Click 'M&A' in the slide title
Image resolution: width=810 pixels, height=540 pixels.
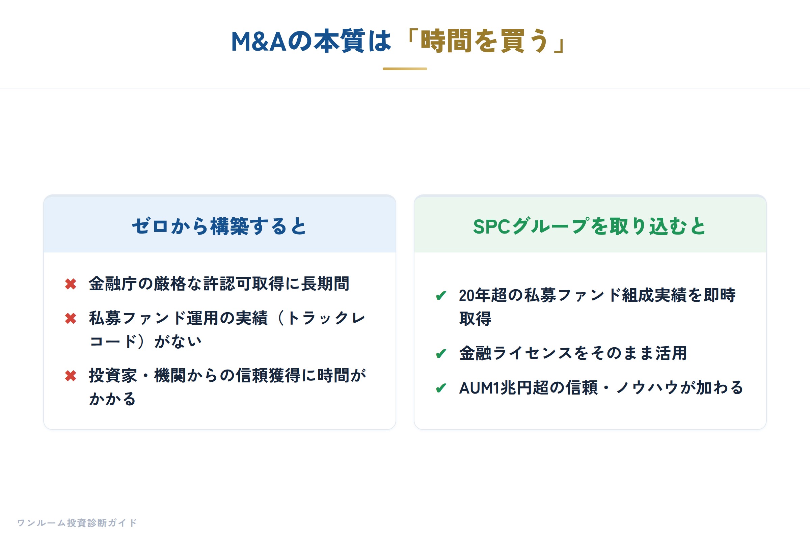click(x=259, y=41)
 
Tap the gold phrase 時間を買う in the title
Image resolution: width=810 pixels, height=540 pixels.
click(x=484, y=41)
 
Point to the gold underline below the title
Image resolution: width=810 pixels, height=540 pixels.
click(x=405, y=69)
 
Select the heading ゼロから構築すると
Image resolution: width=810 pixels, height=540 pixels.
click(x=219, y=226)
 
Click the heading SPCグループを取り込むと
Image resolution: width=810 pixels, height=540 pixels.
click(x=590, y=226)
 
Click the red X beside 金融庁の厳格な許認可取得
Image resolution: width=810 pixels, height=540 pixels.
click(x=71, y=284)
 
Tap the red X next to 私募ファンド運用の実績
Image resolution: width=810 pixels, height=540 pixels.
click(x=71, y=319)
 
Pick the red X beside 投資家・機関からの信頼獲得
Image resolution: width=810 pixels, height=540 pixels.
click(x=71, y=376)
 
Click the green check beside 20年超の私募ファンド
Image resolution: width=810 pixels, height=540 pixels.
click(x=441, y=296)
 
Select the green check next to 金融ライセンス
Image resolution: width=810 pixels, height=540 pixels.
click(x=441, y=354)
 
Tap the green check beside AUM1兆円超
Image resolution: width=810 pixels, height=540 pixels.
click(x=441, y=388)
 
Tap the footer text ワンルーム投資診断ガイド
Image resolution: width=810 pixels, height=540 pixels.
click(x=77, y=523)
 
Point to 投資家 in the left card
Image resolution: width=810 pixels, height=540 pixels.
click(x=113, y=375)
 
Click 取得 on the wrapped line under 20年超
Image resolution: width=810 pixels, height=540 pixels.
click(x=475, y=319)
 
